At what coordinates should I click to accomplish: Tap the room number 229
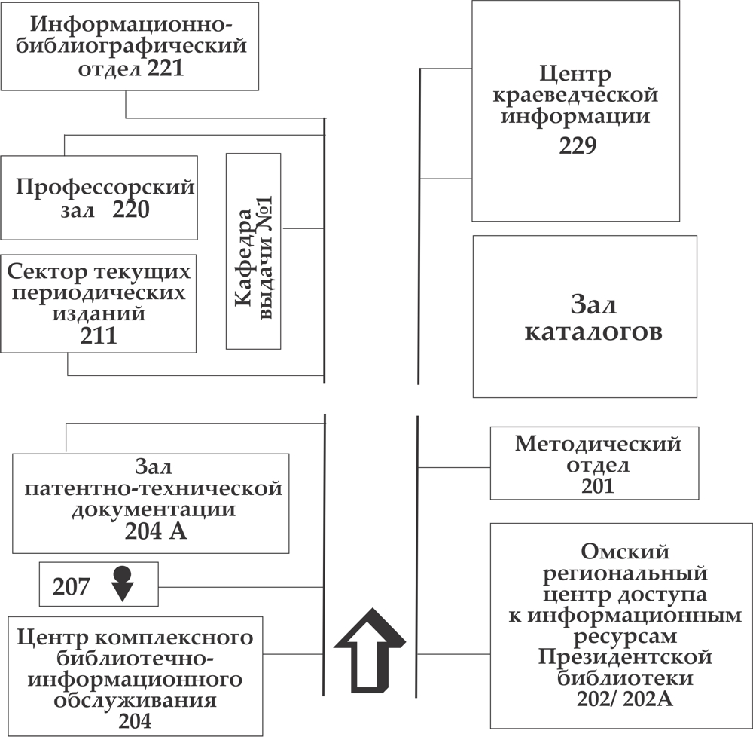[578, 145]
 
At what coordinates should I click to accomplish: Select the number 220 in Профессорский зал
[131, 210]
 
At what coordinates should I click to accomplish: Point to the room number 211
[99, 335]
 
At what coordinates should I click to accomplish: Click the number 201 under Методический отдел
[598, 486]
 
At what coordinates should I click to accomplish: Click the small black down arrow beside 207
[122, 584]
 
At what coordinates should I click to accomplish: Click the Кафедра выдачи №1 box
[253, 252]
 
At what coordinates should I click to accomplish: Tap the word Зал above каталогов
[593, 306]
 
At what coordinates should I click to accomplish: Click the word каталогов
[593, 332]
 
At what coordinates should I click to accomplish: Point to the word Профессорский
[105, 187]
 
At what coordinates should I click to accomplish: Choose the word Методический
[598, 444]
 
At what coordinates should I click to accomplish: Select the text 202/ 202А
[620, 700]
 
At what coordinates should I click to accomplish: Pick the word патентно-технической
[154, 488]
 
